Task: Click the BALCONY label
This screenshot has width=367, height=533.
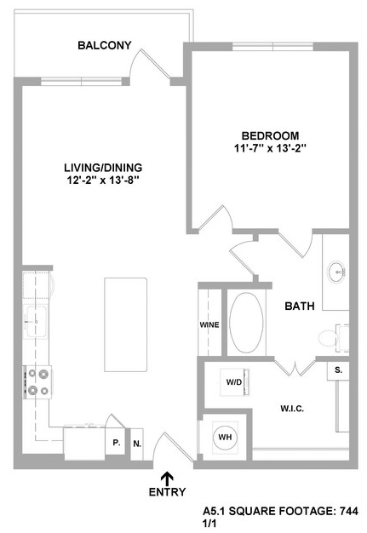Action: [105, 45]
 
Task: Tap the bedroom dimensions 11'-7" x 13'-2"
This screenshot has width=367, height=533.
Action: [271, 148]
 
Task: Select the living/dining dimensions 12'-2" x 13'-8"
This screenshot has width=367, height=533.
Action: [103, 181]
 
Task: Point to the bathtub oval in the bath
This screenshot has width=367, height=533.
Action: [246, 323]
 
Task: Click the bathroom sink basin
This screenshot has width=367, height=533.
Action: [336, 272]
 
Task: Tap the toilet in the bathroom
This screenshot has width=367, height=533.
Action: [333, 338]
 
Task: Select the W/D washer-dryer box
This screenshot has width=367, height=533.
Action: [235, 381]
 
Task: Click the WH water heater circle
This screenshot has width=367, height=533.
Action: [226, 437]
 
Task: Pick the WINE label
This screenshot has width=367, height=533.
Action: [209, 325]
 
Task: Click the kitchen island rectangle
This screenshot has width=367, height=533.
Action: [126, 324]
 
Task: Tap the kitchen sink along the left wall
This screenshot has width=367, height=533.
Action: [37, 321]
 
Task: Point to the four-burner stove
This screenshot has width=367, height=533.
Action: [37, 382]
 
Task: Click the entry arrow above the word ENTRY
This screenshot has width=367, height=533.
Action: [167, 479]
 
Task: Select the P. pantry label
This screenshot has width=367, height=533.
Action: [117, 443]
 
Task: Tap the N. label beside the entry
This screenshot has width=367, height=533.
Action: [137, 444]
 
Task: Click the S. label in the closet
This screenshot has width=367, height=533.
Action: [338, 370]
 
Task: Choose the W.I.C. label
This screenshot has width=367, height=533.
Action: [292, 408]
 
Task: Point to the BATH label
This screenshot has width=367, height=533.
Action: [300, 306]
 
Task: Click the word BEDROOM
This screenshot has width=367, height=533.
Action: [271, 135]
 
